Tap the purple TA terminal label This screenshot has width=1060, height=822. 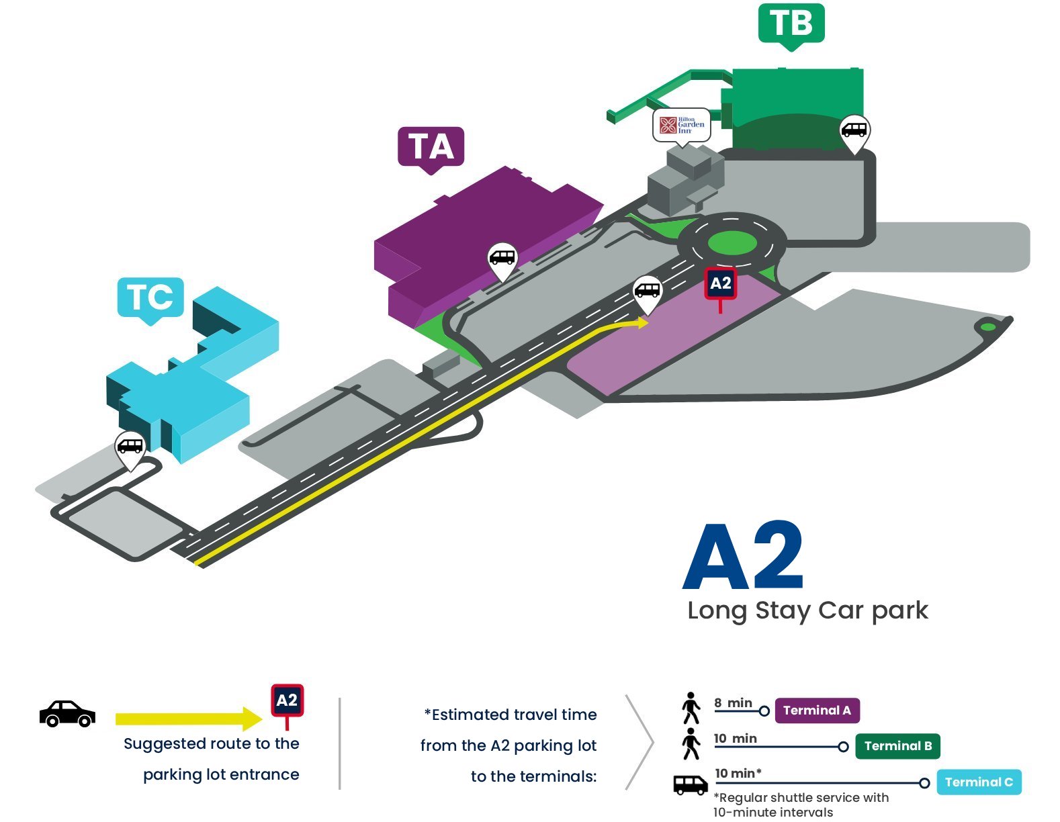[431, 148]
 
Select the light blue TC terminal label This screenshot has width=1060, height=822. [150, 300]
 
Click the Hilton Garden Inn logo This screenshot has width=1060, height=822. [681, 126]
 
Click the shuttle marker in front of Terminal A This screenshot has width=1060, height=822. [502, 261]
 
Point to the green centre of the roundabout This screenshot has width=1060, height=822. [732, 243]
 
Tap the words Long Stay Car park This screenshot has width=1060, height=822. [807, 611]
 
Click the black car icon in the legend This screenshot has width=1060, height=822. [67, 714]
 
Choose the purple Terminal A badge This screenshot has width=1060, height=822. [817, 711]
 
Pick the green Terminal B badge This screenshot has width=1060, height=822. [897, 746]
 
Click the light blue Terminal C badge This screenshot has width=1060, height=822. [979, 782]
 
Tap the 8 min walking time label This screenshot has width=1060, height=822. [733, 702]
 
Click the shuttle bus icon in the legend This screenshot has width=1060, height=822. [691, 785]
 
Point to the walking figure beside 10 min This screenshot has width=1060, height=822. [691, 744]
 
